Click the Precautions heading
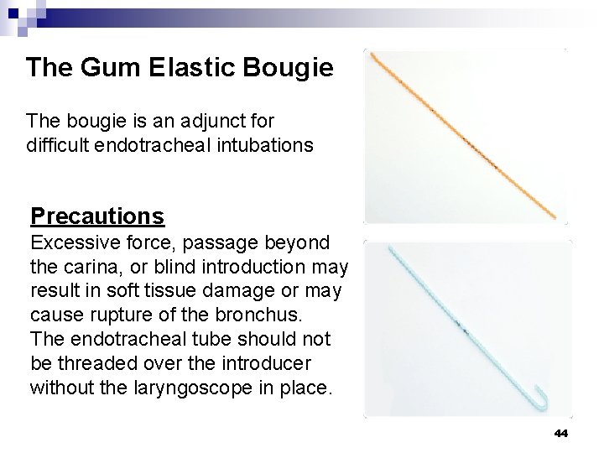[97, 216]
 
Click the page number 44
[561, 433]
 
